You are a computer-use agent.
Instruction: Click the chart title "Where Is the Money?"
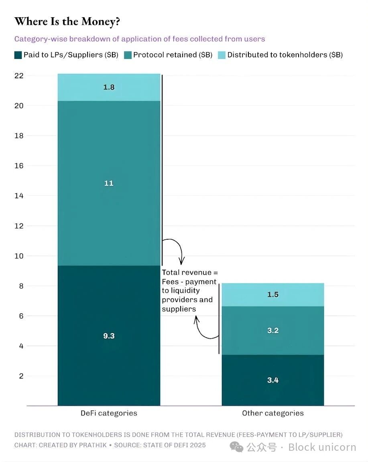67,22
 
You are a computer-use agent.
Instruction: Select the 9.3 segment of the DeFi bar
109,336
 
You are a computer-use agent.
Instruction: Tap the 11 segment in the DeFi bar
109,183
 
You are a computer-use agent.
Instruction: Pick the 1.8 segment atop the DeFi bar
109,87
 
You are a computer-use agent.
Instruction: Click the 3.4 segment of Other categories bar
273,380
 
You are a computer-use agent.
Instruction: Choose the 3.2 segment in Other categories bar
273,330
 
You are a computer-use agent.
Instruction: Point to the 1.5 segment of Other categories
273,295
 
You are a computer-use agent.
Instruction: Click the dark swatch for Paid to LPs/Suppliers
18,55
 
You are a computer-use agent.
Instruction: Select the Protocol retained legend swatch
128,55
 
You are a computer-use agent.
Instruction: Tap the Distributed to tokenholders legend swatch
222,55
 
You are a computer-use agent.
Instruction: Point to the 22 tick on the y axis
19,76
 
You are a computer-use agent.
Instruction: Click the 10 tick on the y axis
19,256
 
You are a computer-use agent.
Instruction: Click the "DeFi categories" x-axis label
109,413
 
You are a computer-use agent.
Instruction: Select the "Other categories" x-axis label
273,413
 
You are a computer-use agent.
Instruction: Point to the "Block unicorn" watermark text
322,447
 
